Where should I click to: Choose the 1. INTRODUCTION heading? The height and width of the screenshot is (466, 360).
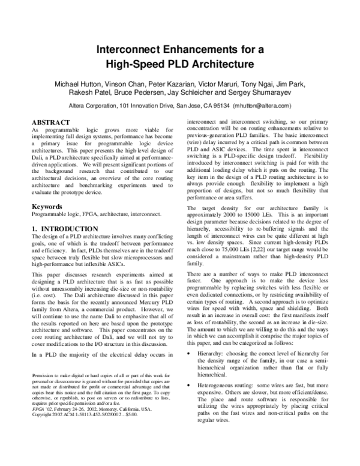click(64, 229)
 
